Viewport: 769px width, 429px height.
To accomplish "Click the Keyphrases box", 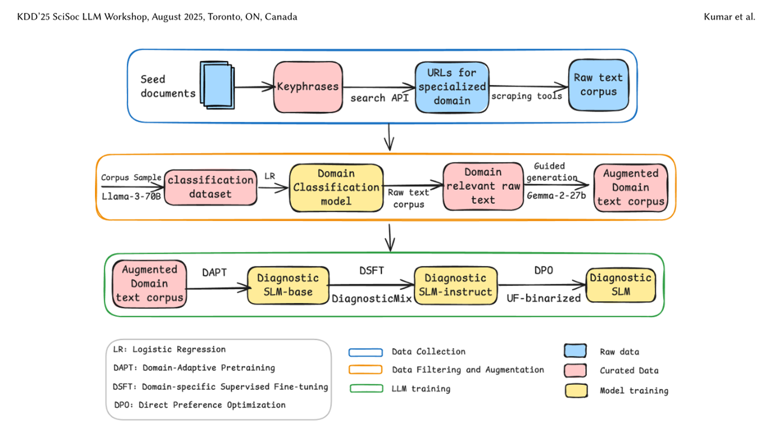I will pyautogui.click(x=308, y=87).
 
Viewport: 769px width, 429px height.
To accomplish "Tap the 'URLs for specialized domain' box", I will pyautogui.click(x=452, y=87).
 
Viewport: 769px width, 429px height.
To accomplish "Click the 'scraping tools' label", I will pyautogui.click(x=526, y=96).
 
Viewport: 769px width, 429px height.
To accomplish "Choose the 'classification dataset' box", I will pyautogui.click(x=210, y=187).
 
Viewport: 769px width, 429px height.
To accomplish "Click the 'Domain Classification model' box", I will pyautogui.click(x=336, y=187).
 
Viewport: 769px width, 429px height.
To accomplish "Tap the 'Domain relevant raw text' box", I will pyautogui.click(x=483, y=186).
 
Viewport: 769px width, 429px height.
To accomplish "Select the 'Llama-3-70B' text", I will pyautogui.click(x=131, y=196).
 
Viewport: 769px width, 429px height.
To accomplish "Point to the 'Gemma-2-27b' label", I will pyautogui.click(x=556, y=196).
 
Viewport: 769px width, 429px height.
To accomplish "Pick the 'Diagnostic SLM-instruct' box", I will pyautogui.click(x=455, y=285).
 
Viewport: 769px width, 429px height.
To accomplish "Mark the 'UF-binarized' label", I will pyautogui.click(x=544, y=298).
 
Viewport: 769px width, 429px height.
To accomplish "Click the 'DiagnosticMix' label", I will pyautogui.click(x=372, y=299).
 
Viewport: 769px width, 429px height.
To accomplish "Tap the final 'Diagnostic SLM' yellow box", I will pyautogui.click(x=620, y=285).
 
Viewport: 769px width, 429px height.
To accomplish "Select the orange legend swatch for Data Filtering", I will pyautogui.click(x=365, y=370).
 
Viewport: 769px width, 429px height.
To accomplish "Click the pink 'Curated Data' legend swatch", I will pyautogui.click(x=576, y=370).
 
